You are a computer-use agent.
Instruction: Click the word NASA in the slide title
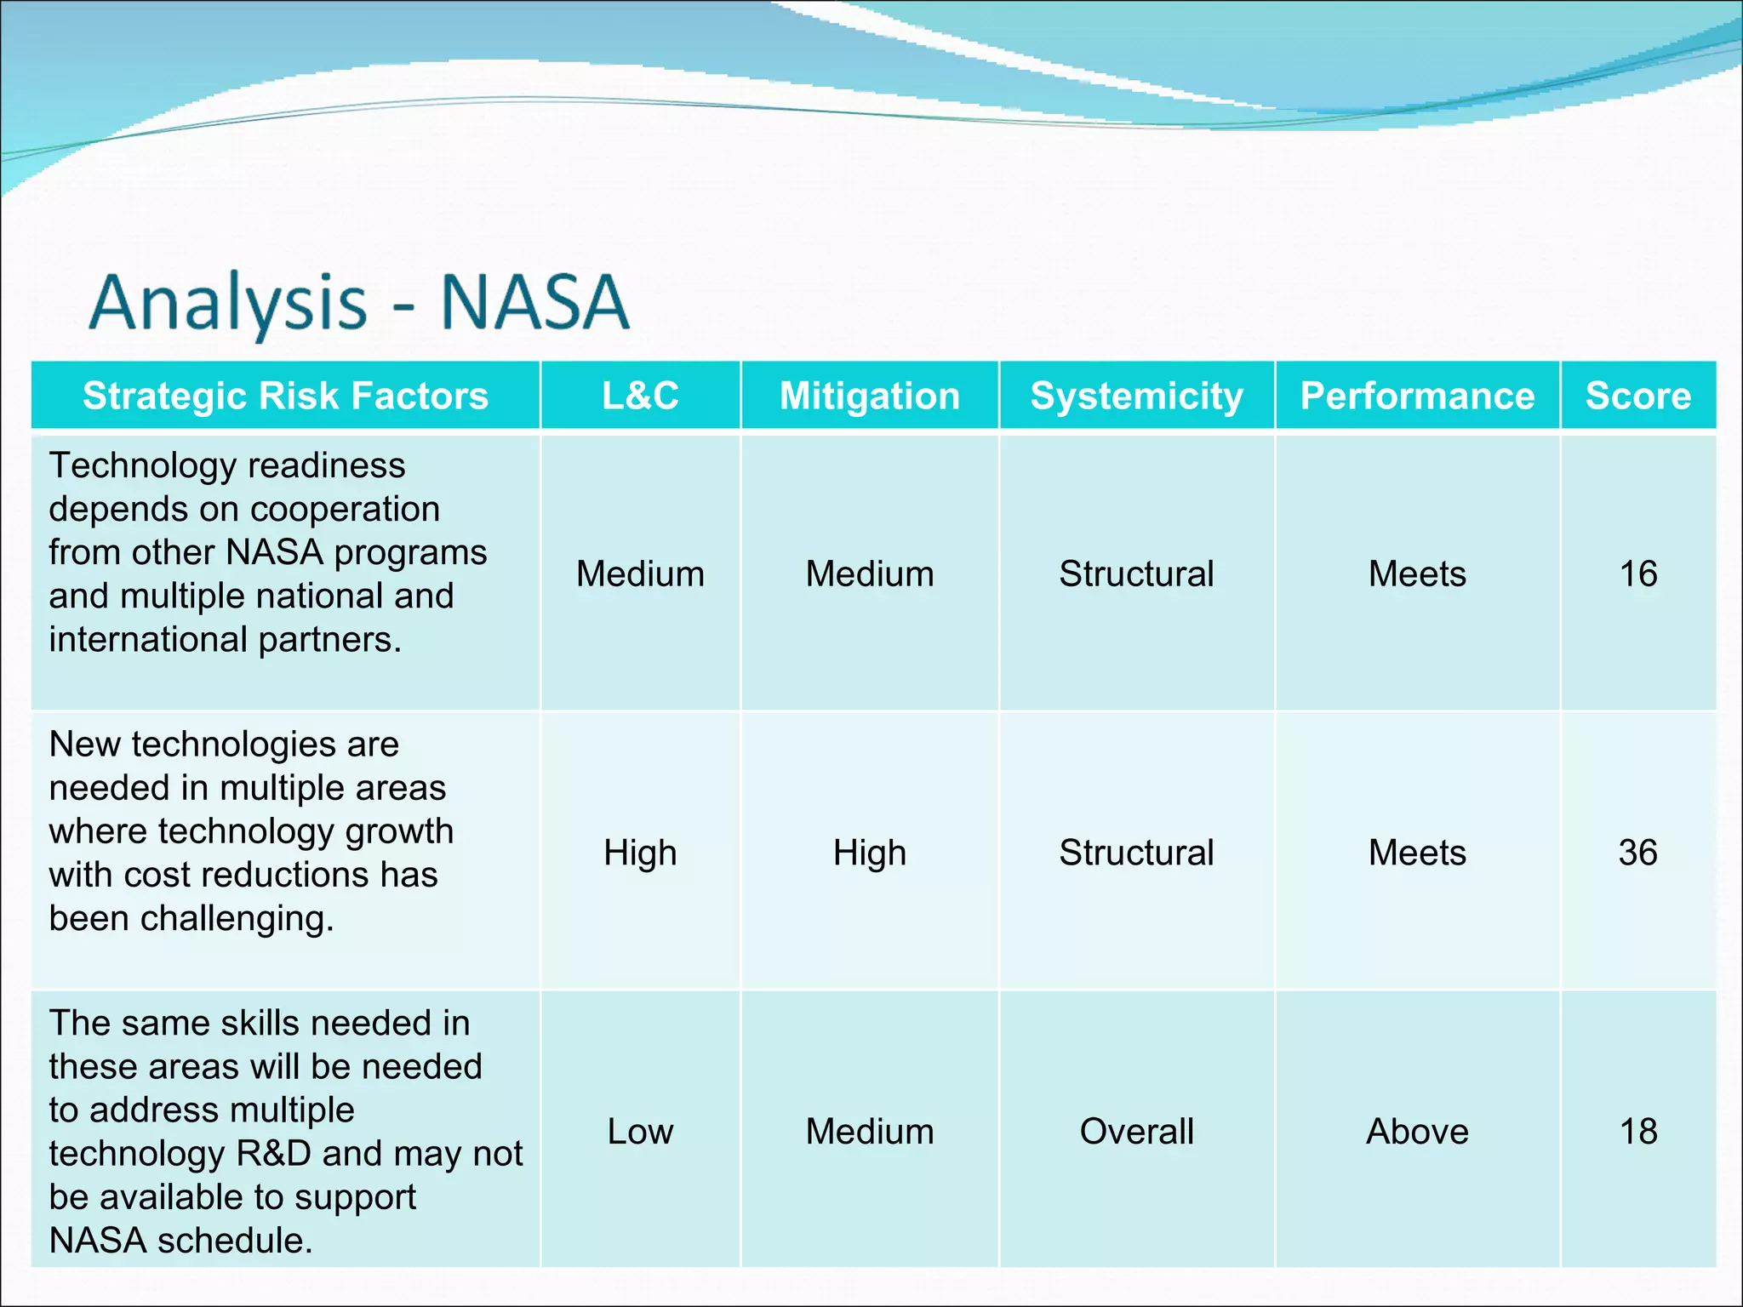click(534, 302)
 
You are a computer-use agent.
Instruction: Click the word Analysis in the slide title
click(228, 304)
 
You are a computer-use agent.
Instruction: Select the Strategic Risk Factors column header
click(285, 396)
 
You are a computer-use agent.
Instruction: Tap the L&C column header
click(640, 396)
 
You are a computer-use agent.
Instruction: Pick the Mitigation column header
click(869, 396)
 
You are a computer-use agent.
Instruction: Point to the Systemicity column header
click(1136, 396)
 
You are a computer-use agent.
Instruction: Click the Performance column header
click(1417, 396)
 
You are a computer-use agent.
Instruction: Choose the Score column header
click(1637, 396)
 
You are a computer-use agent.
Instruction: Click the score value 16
click(1637, 574)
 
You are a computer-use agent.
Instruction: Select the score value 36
click(1637, 853)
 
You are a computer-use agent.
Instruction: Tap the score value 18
click(1637, 1132)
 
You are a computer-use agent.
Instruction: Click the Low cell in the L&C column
click(640, 1132)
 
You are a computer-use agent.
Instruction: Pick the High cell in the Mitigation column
click(869, 853)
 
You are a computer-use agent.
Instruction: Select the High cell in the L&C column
click(640, 853)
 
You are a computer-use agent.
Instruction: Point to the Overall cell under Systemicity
click(1136, 1132)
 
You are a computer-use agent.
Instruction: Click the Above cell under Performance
click(1417, 1132)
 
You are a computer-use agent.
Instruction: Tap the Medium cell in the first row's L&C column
click(640, 574)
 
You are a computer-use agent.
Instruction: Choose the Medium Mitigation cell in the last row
click(869, 1132)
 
